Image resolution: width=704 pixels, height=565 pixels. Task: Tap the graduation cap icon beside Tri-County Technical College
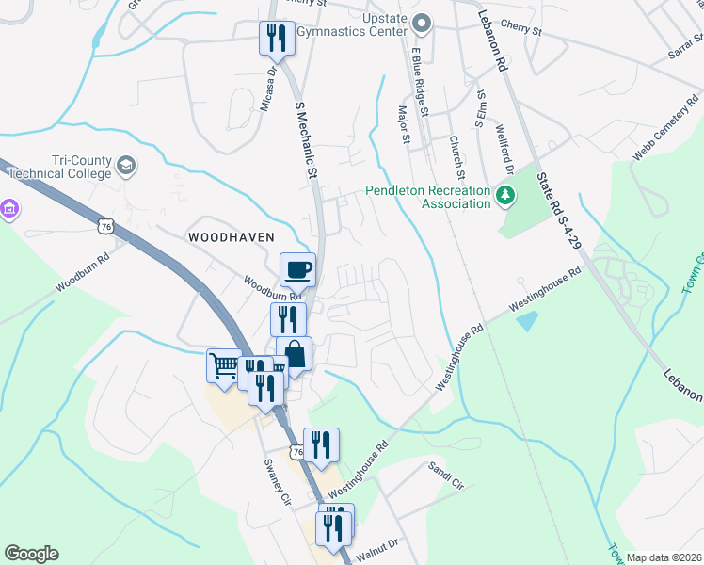click(125, 168)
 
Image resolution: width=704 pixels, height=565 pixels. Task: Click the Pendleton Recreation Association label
click(428, 197)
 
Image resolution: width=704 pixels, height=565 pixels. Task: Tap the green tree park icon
click(506, 196)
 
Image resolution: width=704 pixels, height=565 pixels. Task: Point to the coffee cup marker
click(298, 269)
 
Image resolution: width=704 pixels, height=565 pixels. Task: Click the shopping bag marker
click(294, 355)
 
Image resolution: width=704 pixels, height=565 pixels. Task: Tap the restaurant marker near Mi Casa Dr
click(275, 38)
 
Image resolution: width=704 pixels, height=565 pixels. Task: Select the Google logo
click(31, 554)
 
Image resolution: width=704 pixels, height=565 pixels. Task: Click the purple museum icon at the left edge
click(8, 208)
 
